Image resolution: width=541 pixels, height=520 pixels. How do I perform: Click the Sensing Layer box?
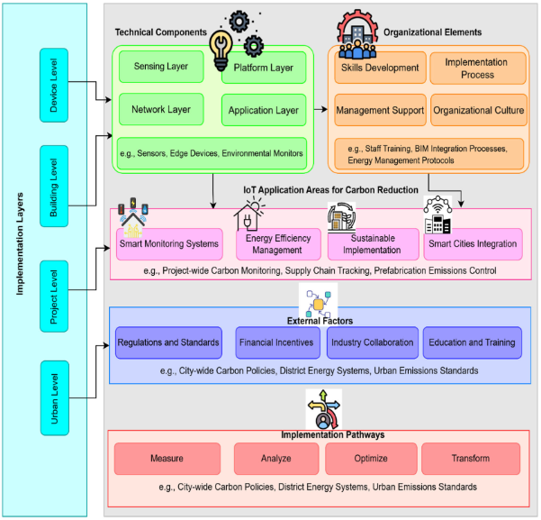[x=161, y=67]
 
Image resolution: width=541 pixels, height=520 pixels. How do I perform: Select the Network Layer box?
[x=161, y=109]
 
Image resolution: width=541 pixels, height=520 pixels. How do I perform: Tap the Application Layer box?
[x=264, y=110]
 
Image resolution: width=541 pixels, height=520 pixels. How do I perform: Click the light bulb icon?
[x=221, y=50]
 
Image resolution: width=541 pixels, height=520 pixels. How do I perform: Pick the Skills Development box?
[x=380, y=68]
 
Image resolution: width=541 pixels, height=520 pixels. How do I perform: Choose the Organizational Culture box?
[x=479, y=110]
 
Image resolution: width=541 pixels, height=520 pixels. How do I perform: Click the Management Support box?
[x=380, y=110]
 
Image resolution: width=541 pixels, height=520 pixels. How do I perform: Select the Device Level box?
[x=54, y=85]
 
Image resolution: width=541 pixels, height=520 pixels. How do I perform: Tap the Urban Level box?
[x=55, y=398]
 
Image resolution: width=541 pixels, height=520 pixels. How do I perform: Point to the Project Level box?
[x=54, y=296]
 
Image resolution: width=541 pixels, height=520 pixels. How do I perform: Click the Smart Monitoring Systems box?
[x=169, y=244]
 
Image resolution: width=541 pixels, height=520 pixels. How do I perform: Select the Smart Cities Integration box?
[x=473, y=244]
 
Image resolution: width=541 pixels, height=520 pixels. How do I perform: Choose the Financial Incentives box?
[x=277, y=342]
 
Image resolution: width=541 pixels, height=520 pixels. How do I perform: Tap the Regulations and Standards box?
[x=168, y=342]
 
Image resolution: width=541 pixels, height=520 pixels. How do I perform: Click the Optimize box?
[x=371, y=459]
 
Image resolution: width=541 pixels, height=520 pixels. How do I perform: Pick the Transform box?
[x=471, y=459]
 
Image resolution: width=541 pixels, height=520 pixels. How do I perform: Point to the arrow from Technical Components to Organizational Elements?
[x=320, y=110]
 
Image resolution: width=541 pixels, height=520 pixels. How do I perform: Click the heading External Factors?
[x=320, y=321]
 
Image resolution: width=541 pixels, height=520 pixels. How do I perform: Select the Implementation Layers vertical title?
[x=20, y=244]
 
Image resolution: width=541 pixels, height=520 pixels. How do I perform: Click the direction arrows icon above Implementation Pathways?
[x=323, y=409]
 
